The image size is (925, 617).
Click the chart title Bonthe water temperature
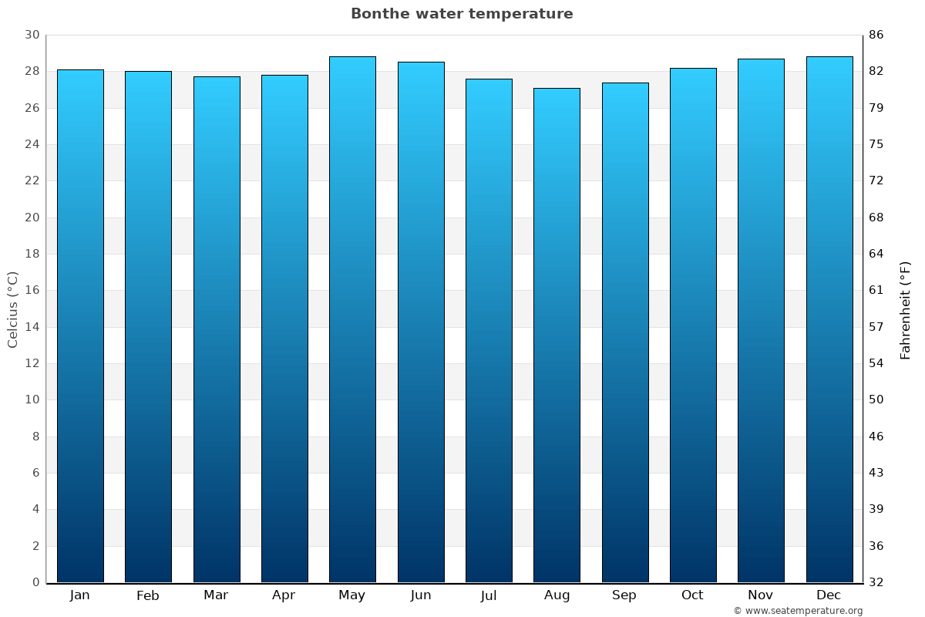tap(462, 14)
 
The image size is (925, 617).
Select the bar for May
tap(352, 319)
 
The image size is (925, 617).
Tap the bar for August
tap(557, 335)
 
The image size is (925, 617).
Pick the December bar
tap(829, 319)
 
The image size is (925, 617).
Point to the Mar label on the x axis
tap(216, 595)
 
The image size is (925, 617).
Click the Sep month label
tap(624, 595)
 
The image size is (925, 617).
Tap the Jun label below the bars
tap(421, 595)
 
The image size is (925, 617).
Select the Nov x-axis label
tap(761, 595)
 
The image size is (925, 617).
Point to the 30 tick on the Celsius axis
tap(32, 35)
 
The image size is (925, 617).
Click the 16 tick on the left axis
tap(32, 290)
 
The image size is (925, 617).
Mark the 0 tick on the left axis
tap(35, 582)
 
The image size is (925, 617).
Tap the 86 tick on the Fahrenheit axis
tap(876, 35)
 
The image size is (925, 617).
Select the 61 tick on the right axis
tap(876, 290)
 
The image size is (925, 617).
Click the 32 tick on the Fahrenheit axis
tap(876, 582)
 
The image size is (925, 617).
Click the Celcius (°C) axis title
tap(12, 309)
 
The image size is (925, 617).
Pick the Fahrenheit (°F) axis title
tap(906, 309)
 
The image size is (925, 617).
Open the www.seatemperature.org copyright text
tap(798, 611)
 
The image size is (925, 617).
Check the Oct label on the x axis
tap(692, 595)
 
